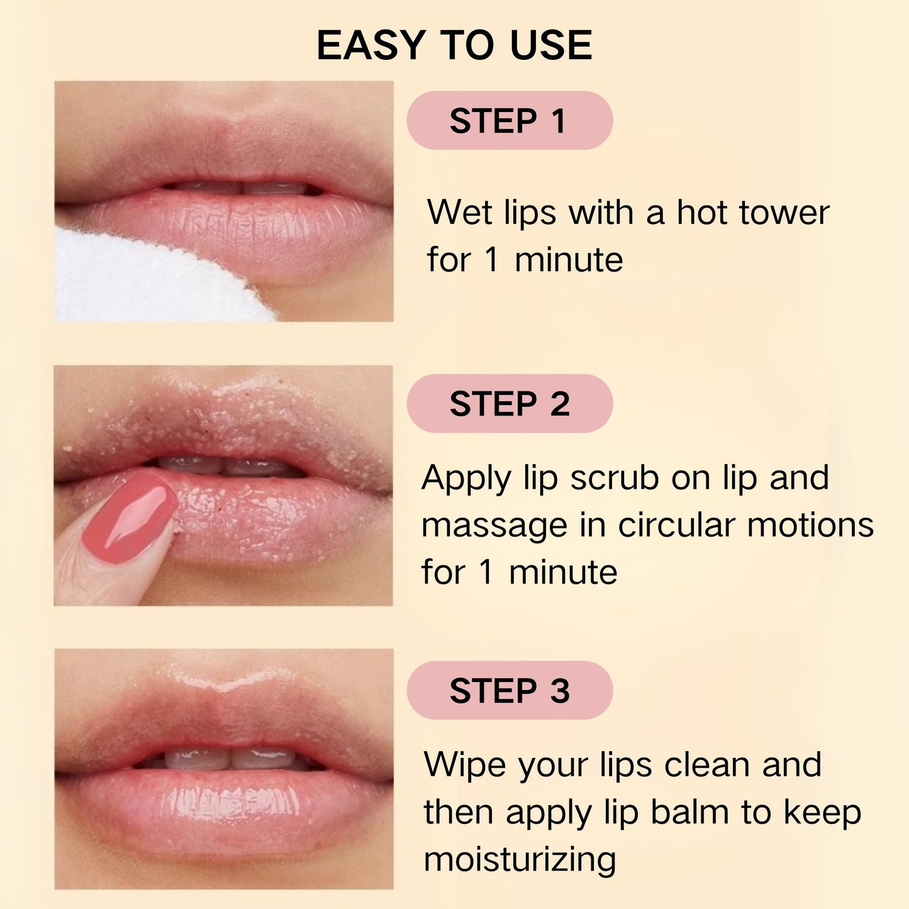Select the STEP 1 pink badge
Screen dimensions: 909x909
click(510, 120)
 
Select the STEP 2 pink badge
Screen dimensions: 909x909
click(510, 403)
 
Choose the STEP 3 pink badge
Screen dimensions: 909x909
click(510, 690)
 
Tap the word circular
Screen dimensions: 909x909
click(676, 525)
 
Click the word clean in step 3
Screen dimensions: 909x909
click(707, 765)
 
